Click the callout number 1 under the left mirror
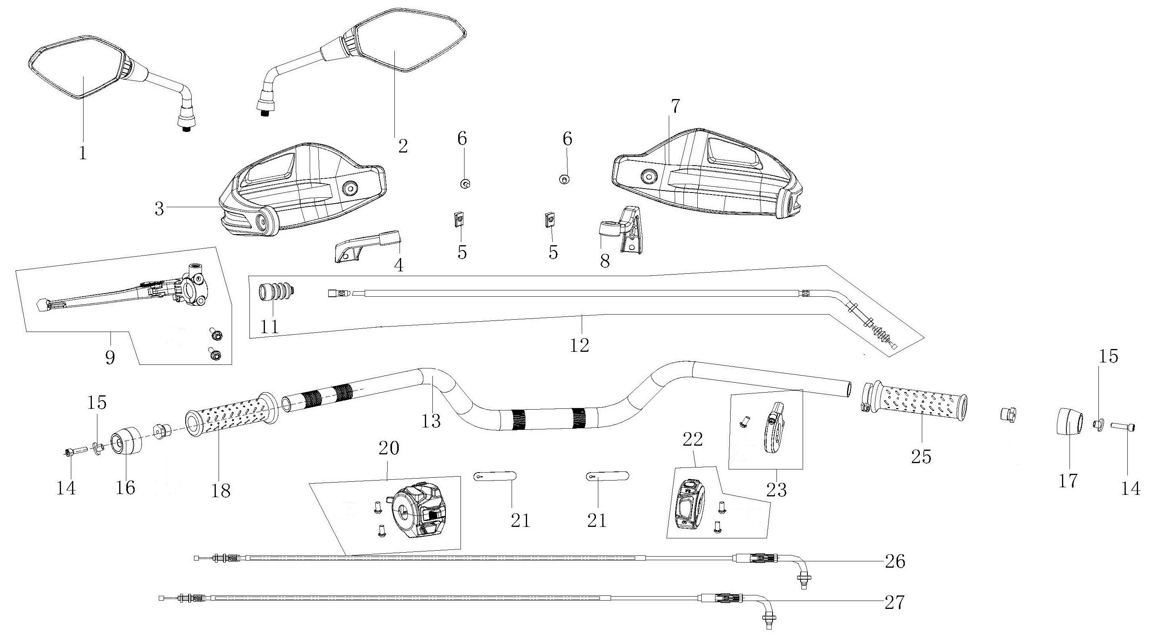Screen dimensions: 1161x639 coord(83,153)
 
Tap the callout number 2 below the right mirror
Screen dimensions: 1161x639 coord(402,146)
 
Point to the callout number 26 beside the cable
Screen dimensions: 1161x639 coord(895,561)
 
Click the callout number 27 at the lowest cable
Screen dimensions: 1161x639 coord(894,603)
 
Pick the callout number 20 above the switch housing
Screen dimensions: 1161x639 coord(389,449)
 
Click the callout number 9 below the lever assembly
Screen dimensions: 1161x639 coord(110,357)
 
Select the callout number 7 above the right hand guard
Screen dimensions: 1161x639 coord(675,107)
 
